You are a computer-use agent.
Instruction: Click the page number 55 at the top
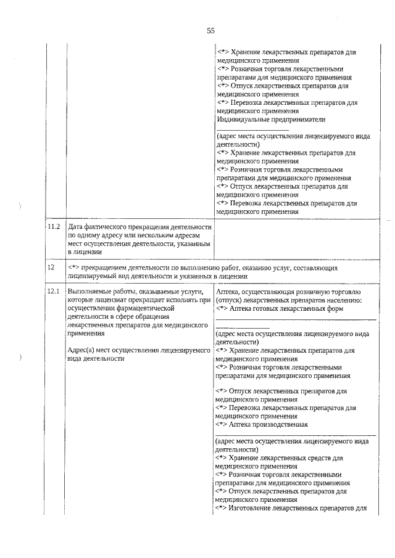210,31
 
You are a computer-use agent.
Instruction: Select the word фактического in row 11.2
109,228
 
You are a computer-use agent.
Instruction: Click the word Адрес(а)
81,350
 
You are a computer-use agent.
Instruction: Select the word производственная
281,424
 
